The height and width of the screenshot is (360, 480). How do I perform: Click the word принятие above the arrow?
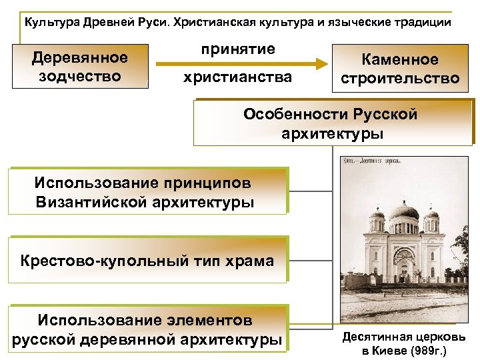click(x=238, y=49)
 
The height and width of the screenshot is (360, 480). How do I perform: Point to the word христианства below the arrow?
click(x=238, y=78)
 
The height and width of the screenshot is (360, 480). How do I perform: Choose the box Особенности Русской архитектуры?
click(x=331, y=123)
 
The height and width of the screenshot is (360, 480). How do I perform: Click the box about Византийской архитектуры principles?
click(x=146, y=191)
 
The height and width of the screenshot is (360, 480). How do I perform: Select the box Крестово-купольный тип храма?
click(x=146, y=261)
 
